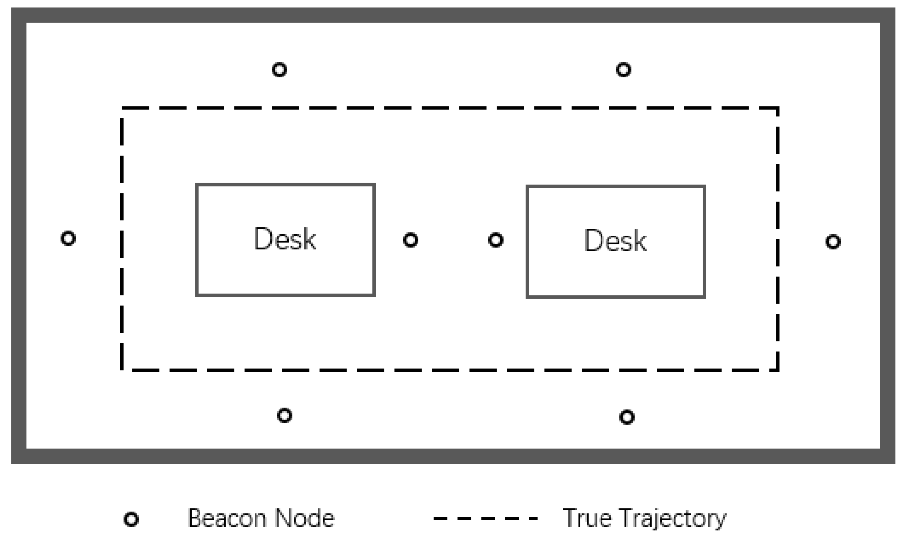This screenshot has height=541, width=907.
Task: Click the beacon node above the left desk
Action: pos(279,70)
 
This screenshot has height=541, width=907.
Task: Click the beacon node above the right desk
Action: pos(623,70)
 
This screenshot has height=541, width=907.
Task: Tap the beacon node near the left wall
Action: pos(68,238)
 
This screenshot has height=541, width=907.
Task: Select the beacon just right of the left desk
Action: pos(410,240)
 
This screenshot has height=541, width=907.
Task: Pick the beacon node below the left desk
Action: pos(284,415)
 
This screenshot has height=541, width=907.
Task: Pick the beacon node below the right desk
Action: pos(627,417)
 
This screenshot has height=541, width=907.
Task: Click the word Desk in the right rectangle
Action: pos(616,241)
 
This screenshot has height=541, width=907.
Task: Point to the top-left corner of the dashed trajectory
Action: pos(122,108)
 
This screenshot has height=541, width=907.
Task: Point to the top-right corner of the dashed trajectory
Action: pos(778,108)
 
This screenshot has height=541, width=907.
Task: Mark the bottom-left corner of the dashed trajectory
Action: pos(122,370)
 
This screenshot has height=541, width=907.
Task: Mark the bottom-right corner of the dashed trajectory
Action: pos(778,370)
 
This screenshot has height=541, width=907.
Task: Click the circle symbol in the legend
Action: pos(131,519)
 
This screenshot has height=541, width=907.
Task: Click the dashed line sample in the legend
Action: pos(485,518)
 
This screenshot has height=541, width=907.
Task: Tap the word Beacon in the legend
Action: pos(227,518)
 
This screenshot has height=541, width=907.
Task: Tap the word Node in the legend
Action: pos(304,518)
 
